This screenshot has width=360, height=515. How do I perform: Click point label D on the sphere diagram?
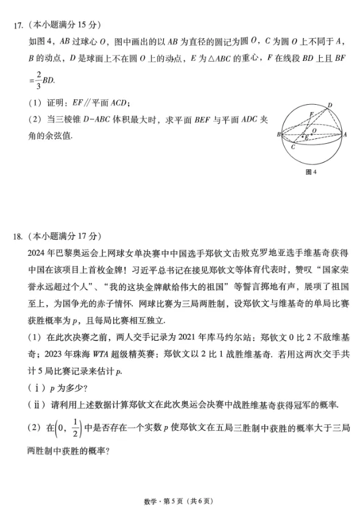pyautogui.click(x=330, y=105)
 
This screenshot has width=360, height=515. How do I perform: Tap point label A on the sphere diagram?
pyautogui.click(x=345, y=134)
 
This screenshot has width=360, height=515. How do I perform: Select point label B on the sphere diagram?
pyautogui.click(x=278, y=134)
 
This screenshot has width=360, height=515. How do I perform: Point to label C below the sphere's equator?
pyautogui.click(x=292, y=148)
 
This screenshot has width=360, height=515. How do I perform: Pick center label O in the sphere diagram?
pyautogui.click(x=314, y=130)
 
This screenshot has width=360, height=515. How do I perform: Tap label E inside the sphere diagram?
pyautogui.click(x=306, y=138)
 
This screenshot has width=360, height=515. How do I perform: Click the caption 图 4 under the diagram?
pyautogui.click(x=311, y=172)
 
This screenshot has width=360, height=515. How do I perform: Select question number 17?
pyautogui.click(x=18, y=25)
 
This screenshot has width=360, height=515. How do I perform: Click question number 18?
pyautogui.click(x=18, y=236)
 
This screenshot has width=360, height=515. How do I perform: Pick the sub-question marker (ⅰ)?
pyautogui.click(x=36, y=388)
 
